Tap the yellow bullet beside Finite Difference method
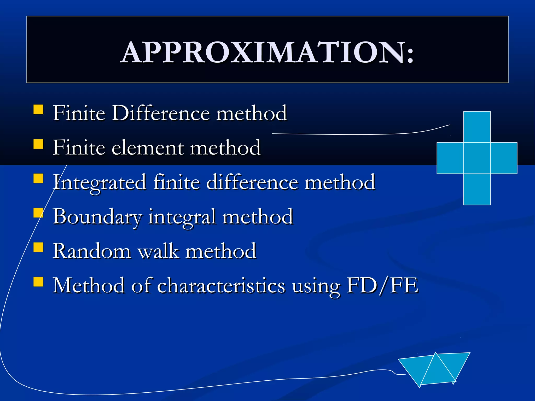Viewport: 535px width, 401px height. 38,110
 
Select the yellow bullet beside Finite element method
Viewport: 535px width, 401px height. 38,144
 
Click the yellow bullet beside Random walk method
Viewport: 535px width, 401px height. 38,247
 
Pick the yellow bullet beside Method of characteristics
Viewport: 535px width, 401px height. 38,282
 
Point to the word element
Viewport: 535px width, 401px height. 148,148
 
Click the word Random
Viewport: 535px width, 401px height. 92,251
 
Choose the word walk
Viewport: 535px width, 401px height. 158,251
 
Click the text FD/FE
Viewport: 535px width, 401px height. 382,285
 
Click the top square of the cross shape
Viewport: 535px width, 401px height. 477,127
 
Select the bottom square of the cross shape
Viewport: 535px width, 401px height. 477,189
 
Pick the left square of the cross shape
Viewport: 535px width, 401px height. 450,158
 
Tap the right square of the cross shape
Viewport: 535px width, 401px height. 504,158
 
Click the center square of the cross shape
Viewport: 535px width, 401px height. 477,158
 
